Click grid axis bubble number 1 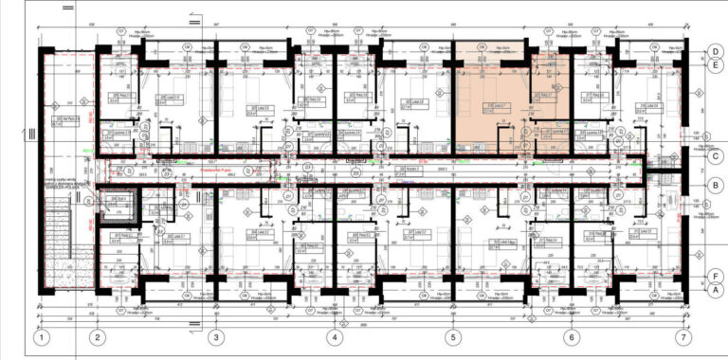click(x=41, y=337)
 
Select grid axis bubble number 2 click(x=97, y=337)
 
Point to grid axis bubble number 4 click(x=334, y=337)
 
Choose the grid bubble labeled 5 click(x=452, y=337)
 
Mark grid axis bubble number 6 click(x=571, y=337)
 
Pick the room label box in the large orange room click(x=498, y=106)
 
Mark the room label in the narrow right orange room click(x=548, y=98)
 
